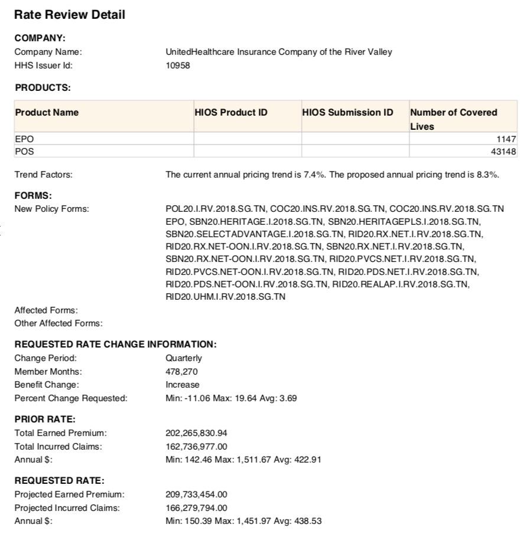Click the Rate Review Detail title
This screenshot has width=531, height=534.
point(70,15)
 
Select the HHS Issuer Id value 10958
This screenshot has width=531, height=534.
point(178,65)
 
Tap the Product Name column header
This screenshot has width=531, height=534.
point(47,112)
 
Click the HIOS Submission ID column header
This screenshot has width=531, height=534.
point(347,112)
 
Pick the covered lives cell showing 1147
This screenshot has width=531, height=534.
point(506,139)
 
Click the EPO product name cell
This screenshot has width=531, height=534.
point(24,139)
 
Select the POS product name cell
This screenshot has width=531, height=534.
point(24,152)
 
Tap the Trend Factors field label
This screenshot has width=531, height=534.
point(43,175)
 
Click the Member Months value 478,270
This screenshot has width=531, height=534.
point(181,372)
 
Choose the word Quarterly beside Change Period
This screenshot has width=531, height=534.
point(183,358)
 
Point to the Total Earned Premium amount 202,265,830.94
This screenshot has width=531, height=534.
point(196,433)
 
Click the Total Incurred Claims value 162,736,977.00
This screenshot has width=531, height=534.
point(196,447)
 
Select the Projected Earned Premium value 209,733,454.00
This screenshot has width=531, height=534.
point(196,494)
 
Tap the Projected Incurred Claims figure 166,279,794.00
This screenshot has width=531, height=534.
point(196,508)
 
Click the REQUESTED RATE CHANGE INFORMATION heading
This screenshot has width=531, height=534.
point(115,344)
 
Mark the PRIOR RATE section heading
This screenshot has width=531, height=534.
point(45,420)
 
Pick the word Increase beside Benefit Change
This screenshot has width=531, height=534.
point(182,385)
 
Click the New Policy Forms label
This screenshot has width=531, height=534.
point(51,209)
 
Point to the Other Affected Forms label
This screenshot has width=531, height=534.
point(58,323)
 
